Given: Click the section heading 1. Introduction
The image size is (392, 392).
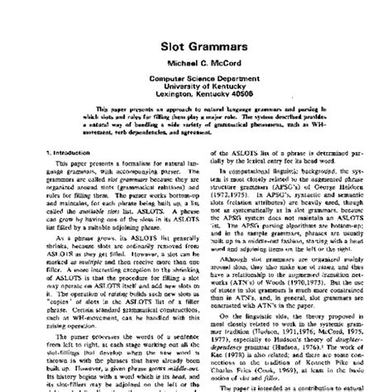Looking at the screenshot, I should tap(47, 198).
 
